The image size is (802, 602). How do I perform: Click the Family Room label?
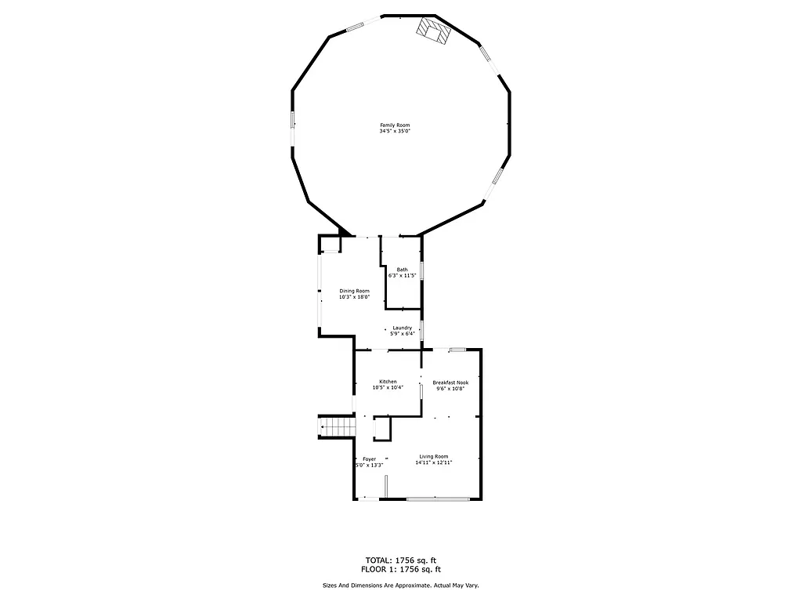click(395, 125)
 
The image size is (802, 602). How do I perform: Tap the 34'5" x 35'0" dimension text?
click(395, 132)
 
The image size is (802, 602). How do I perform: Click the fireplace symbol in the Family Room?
click(433, 31)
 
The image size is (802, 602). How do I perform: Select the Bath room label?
click(402, 270)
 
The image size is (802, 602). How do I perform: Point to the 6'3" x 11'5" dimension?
click(402, 276)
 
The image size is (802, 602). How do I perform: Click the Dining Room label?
click(354, 291)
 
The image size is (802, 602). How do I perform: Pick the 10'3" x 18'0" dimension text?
click(354, 297)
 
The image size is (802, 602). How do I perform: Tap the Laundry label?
click(403, 328)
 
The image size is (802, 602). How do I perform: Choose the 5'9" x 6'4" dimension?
click(403, 334)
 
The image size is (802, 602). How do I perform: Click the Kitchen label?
click(388, 382)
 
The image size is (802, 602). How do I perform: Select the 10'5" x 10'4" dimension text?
click(388, 387)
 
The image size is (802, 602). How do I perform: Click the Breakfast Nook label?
click(450, 383)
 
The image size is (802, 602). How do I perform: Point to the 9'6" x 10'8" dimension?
click(450, 388)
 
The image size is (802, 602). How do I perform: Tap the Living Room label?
click(433, 456)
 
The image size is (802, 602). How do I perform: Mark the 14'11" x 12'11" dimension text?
click(433, 462)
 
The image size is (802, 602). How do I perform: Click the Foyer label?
click(369, 459)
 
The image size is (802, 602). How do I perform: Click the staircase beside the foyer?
click(337, 427)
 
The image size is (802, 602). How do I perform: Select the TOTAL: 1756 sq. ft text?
click(401, 560)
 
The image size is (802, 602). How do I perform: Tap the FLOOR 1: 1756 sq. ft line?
click(401, 569)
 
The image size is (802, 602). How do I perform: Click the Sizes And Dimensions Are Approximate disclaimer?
click(401, 586)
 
